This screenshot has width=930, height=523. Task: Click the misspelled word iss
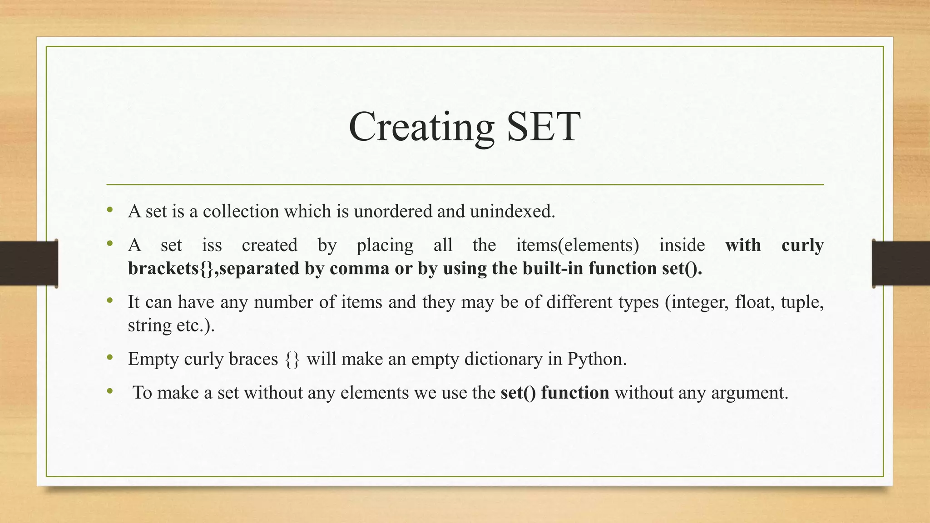(212, 245)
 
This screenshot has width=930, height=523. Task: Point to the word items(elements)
(577, 245)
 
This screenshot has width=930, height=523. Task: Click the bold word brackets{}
(170, 268)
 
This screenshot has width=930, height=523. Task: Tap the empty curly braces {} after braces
(292, 360)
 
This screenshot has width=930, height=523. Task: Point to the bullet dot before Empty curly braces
(109, 358)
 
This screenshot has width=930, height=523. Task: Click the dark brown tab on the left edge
(29, 263)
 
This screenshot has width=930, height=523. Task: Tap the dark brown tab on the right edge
(901, 263)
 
